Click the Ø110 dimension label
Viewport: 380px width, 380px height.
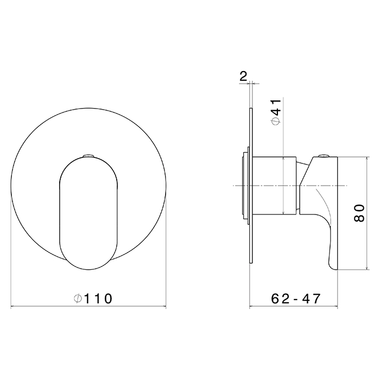(x=93, y=299)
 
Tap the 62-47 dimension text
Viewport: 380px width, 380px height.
(x=296, y=299)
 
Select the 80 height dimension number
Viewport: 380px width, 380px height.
(x=359, y=213)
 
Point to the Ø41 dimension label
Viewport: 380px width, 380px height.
(x=276, y=112)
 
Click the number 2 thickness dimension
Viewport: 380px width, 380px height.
(x=243, y=77)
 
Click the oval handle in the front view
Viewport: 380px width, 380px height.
(x=88, y=213)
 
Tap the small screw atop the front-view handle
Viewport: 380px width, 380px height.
(x=88, y=156)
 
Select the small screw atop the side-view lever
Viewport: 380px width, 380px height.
(x=324, y=156)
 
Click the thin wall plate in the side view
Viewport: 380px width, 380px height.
(x=251, y=186)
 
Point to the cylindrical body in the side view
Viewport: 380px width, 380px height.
(x=274, y=186)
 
